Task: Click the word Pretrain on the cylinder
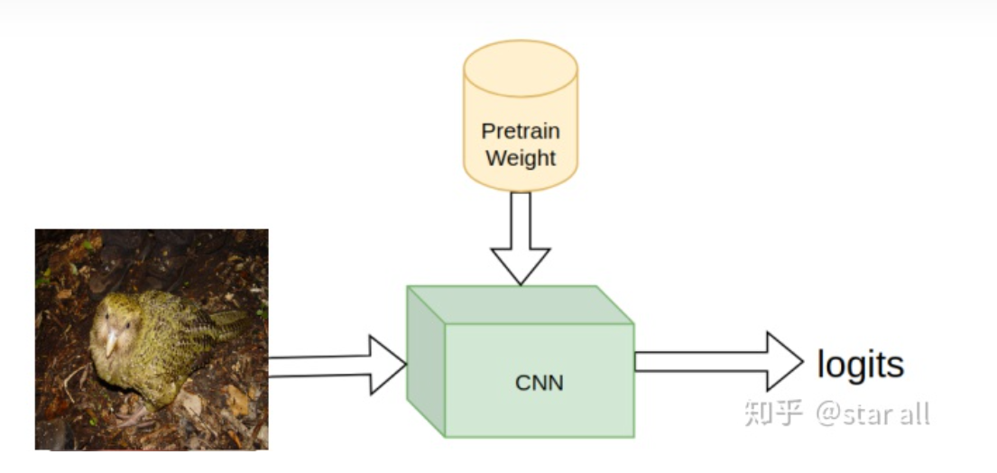521,131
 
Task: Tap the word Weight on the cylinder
521,158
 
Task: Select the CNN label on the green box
539,382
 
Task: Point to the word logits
860,364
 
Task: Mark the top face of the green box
519,304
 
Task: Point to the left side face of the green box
425,361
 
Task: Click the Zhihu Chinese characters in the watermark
773,414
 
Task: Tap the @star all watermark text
872,414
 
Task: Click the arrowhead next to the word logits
783,361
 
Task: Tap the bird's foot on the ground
135,417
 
